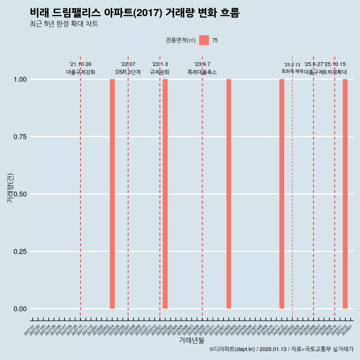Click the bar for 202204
tap(112, 194)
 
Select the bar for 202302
tap(165, 194)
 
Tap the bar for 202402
tap(229, 194)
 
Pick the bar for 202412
tap(282, 194)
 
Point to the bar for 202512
tap(345, 194)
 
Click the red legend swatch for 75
tap(204, 40)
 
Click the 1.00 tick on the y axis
tap(20, 79)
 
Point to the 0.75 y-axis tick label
tap(20, 137)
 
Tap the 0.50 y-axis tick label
tap(20, 194)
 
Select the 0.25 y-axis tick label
tap(20, 252)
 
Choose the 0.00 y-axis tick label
tap(20, 309)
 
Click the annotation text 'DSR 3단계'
tap(128, 72)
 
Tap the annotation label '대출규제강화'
tap(81, 72)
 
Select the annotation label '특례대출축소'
tap(202, 72)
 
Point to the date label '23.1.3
tap(160, 64)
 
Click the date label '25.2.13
tap(292, 65)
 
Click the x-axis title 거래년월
tap(192, 340)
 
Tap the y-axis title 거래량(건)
tap(10, 188)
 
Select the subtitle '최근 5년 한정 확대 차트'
tap(64, 24)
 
